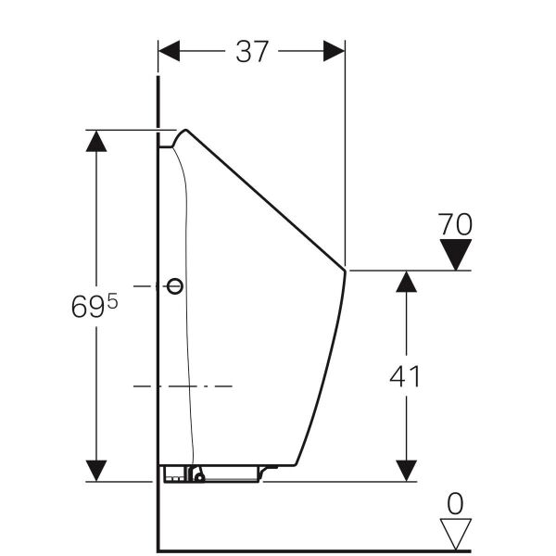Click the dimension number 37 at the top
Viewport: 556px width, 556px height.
[x=252, y=51]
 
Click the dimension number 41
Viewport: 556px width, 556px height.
[x=404, y=377]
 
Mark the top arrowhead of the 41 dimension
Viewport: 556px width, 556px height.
[x=404, y=282]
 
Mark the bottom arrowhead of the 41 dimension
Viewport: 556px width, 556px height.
[x=404, y=470]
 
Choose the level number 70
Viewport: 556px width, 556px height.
[x=455, y=224]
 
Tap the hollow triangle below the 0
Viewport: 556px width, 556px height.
[x=455, y=533]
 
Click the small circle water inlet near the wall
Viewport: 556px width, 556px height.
[x=174, y=286]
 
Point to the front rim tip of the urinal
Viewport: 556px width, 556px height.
[x=346, y=270]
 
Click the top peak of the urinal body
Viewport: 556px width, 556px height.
[x=186, y=130]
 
